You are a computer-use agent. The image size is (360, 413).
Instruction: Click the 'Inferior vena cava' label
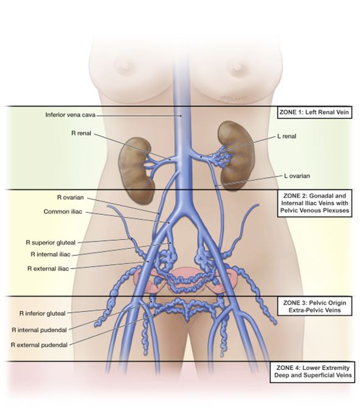[x=71, y=115]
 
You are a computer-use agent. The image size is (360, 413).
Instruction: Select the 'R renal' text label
[x=81, y=133]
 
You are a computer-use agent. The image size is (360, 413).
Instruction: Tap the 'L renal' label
[x=286, y=136]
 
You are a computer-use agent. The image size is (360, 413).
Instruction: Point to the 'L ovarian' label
[x=297, y=176]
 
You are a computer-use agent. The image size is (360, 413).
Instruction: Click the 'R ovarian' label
[x=71, y=198]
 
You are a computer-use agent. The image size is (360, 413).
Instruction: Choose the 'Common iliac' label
[x=63, y=212]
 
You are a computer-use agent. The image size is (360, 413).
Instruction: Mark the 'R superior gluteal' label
[x=50, y=243]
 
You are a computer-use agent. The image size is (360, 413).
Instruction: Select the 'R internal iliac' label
[x=50, y=254]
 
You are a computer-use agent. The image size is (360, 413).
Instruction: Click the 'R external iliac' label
[x=48, y=269]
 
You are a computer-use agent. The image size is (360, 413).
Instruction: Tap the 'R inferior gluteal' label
[x=43, y=314]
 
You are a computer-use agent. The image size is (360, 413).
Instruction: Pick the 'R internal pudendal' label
[x=40, y=330]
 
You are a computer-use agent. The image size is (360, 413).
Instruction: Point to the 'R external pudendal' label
[x=40, y=345]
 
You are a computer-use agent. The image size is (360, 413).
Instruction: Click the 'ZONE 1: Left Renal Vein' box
[x=314, y=112]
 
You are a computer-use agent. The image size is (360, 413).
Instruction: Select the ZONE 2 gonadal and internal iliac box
[x=315, y=203]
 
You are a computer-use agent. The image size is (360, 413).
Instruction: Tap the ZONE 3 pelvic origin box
[x=315, y=307]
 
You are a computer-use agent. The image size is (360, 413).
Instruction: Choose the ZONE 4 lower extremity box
[x=313, y=372]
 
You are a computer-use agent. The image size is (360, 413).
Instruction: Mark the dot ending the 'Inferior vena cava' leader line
[x=181, y=116]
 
